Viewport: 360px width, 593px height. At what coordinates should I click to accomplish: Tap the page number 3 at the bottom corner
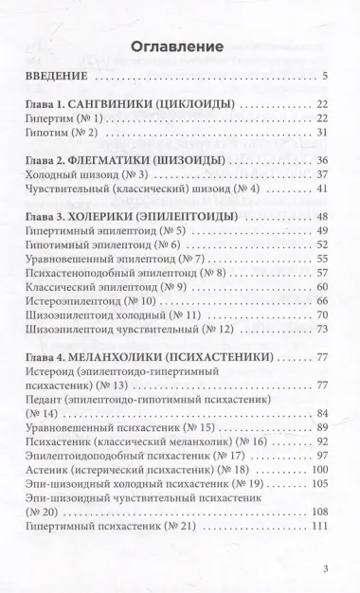324,569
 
